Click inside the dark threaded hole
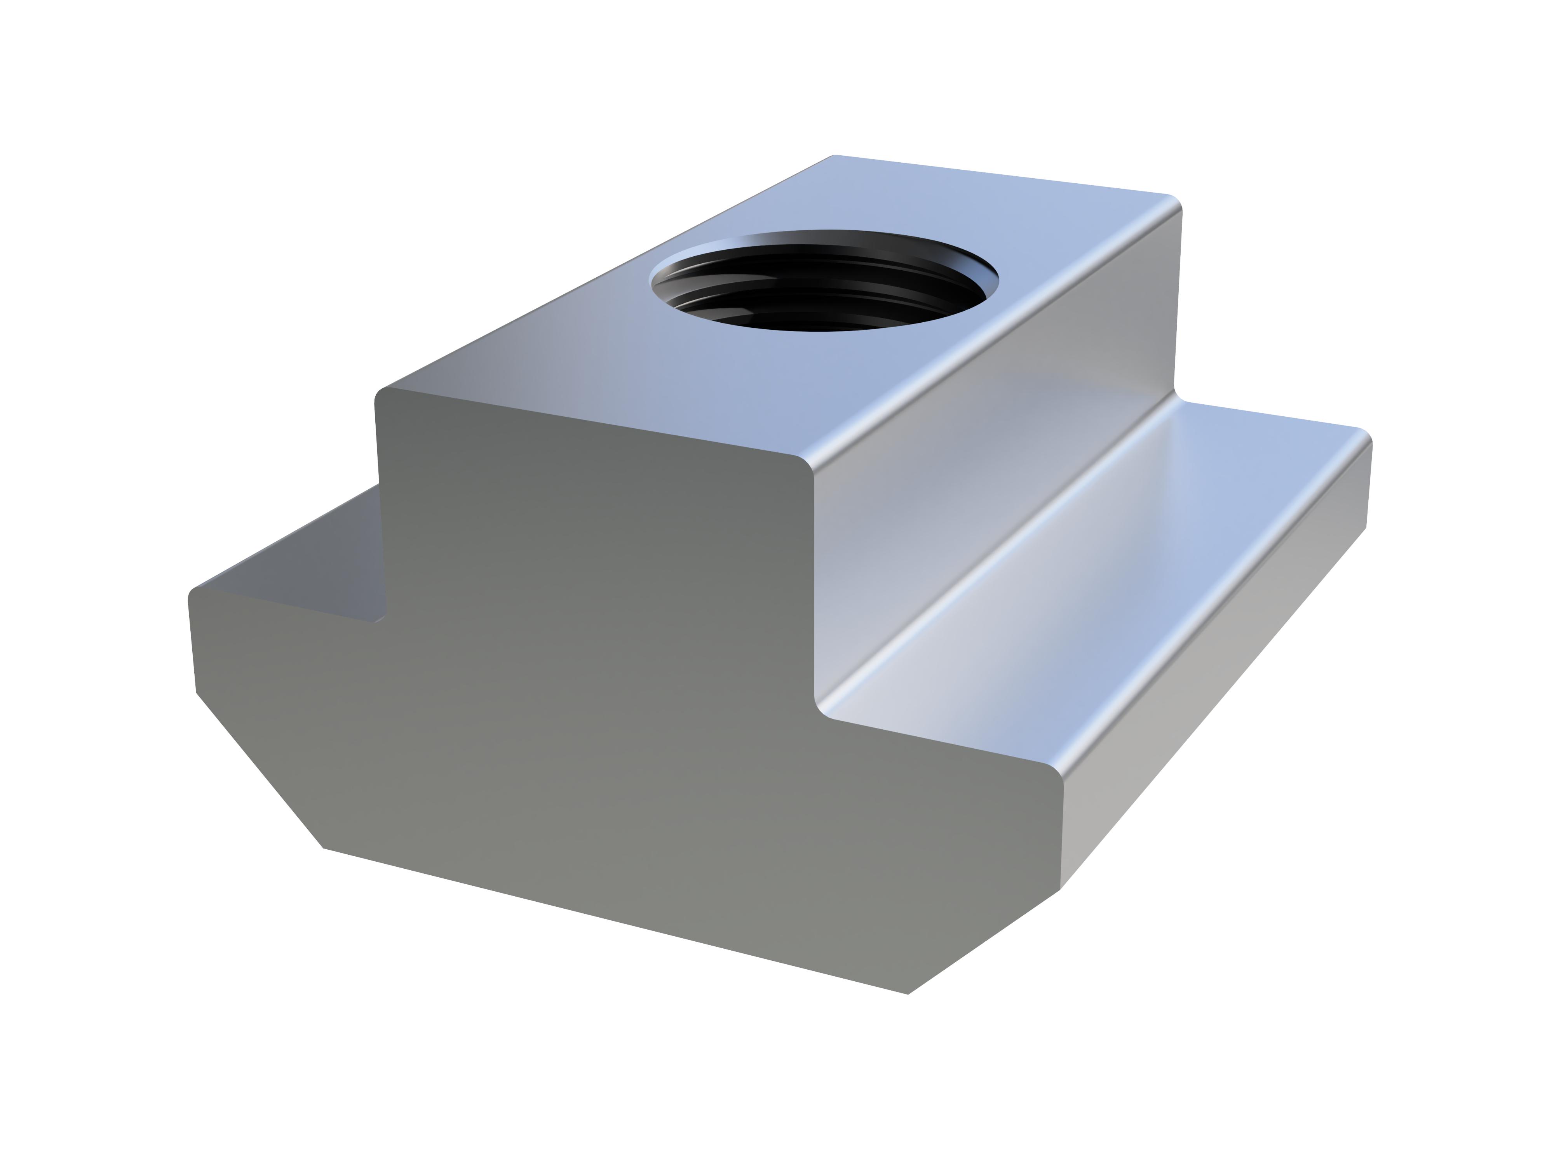822,302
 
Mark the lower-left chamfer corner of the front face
323,848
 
